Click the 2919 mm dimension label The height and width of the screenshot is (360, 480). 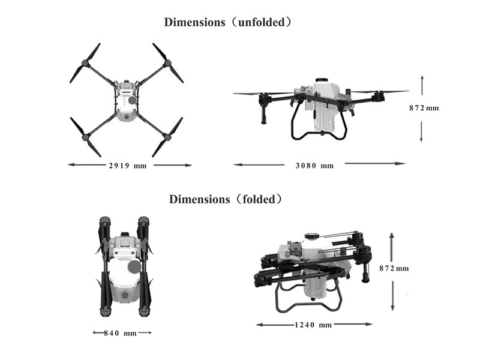128,166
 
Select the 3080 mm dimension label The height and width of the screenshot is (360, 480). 314,166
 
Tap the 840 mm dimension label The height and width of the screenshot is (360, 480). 121,333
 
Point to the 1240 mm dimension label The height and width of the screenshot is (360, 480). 313,325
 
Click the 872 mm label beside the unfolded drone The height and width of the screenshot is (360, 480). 424,108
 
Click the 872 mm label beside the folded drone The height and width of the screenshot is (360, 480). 394,268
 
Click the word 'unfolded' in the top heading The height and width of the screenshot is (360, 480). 261,22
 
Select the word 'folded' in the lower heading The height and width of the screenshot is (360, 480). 259,199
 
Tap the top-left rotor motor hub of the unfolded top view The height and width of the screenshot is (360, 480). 85,64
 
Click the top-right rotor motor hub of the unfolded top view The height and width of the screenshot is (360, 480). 167,64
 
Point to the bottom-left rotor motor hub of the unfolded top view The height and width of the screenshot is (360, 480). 86,137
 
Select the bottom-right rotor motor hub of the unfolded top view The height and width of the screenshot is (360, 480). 167,137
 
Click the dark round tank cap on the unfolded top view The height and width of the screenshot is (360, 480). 132,100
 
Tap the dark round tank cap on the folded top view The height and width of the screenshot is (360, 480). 134,266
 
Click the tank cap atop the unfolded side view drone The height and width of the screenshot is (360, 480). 323,80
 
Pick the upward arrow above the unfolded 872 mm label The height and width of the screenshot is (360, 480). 422,85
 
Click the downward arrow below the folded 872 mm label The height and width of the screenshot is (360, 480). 392,296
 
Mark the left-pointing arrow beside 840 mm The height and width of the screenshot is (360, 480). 98,333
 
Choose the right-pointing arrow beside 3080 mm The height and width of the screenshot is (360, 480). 375,163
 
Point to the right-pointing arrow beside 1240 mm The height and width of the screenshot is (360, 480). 353,324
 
